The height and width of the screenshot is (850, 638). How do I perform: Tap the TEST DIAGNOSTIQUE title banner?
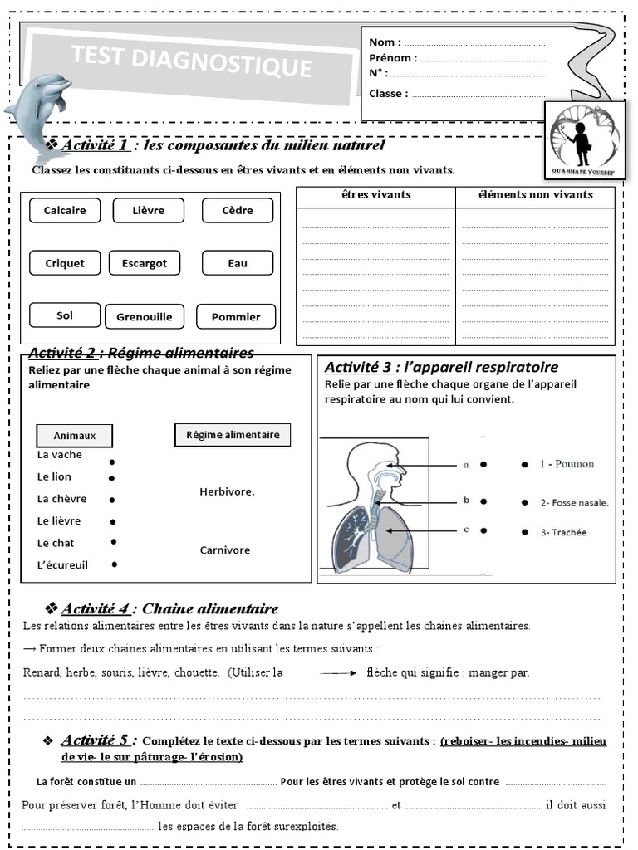click(191, 62)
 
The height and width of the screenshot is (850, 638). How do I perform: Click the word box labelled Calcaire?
click(65, 211)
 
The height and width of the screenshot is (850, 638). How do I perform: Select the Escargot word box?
click(145, 263)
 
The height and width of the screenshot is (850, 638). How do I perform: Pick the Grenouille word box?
click(145, 316)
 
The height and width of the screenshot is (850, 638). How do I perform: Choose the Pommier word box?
click(236, 316)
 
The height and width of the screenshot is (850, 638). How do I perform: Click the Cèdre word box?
click(238, 211)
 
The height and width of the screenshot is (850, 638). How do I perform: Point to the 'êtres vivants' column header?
click(375, 195)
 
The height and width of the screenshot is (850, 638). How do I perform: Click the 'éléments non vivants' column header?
click(535, 195)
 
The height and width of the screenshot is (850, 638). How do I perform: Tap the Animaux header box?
click(75, 435)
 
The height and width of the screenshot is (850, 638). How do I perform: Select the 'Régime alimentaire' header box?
click(233, 434)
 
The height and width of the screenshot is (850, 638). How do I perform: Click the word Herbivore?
click(227, 491)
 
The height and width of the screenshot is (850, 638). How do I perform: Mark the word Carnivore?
click(224, 550)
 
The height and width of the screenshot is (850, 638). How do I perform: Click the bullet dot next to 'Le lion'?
click(111, 478)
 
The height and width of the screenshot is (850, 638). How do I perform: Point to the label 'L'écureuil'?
click(62, 565)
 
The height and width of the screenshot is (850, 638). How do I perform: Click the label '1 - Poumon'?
click(568, 464)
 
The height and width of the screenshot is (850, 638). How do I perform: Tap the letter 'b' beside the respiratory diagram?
click(467, 500)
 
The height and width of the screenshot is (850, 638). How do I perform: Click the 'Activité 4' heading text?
click(96, 609)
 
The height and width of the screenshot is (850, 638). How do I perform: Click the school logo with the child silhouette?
click(585, 139)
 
